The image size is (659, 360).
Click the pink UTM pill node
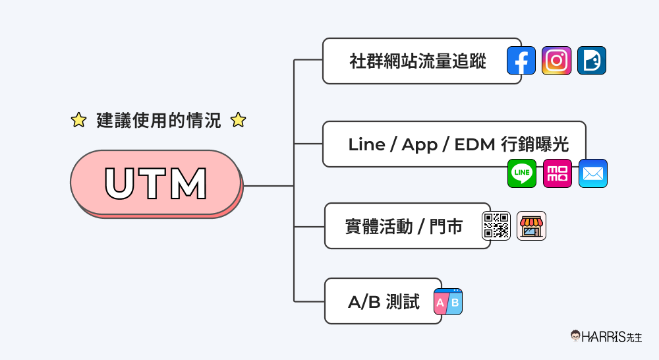(x=156, y=183)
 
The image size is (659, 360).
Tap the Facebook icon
(x=521, y=61)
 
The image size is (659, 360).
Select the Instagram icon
(x=556, y=61)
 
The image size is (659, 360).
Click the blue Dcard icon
(x=591, y=61)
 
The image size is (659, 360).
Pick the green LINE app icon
(x=522, y=173)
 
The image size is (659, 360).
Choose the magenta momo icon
(x=558, y=173)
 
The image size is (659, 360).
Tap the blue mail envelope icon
(x=592, y=173)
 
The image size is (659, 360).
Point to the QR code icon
(x=496, y=225)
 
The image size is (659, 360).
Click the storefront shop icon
(x=531, y=225)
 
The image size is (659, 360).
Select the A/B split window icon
(x=448, y=301)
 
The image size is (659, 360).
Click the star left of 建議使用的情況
(x=78, y=120)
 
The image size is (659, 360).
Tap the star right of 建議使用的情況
(x=238, y=120)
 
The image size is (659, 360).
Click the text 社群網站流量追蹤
(x=418, y=61)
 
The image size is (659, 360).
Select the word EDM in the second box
(x=474, y=144)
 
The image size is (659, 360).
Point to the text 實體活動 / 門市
(x=403, y=227)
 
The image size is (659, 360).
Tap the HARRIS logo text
(x=607, y=336)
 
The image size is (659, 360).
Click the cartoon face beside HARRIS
(x=576, y=336)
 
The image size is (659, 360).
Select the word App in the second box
(x=419, y=144)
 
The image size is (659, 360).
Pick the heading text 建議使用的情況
(x=158, y=120)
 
